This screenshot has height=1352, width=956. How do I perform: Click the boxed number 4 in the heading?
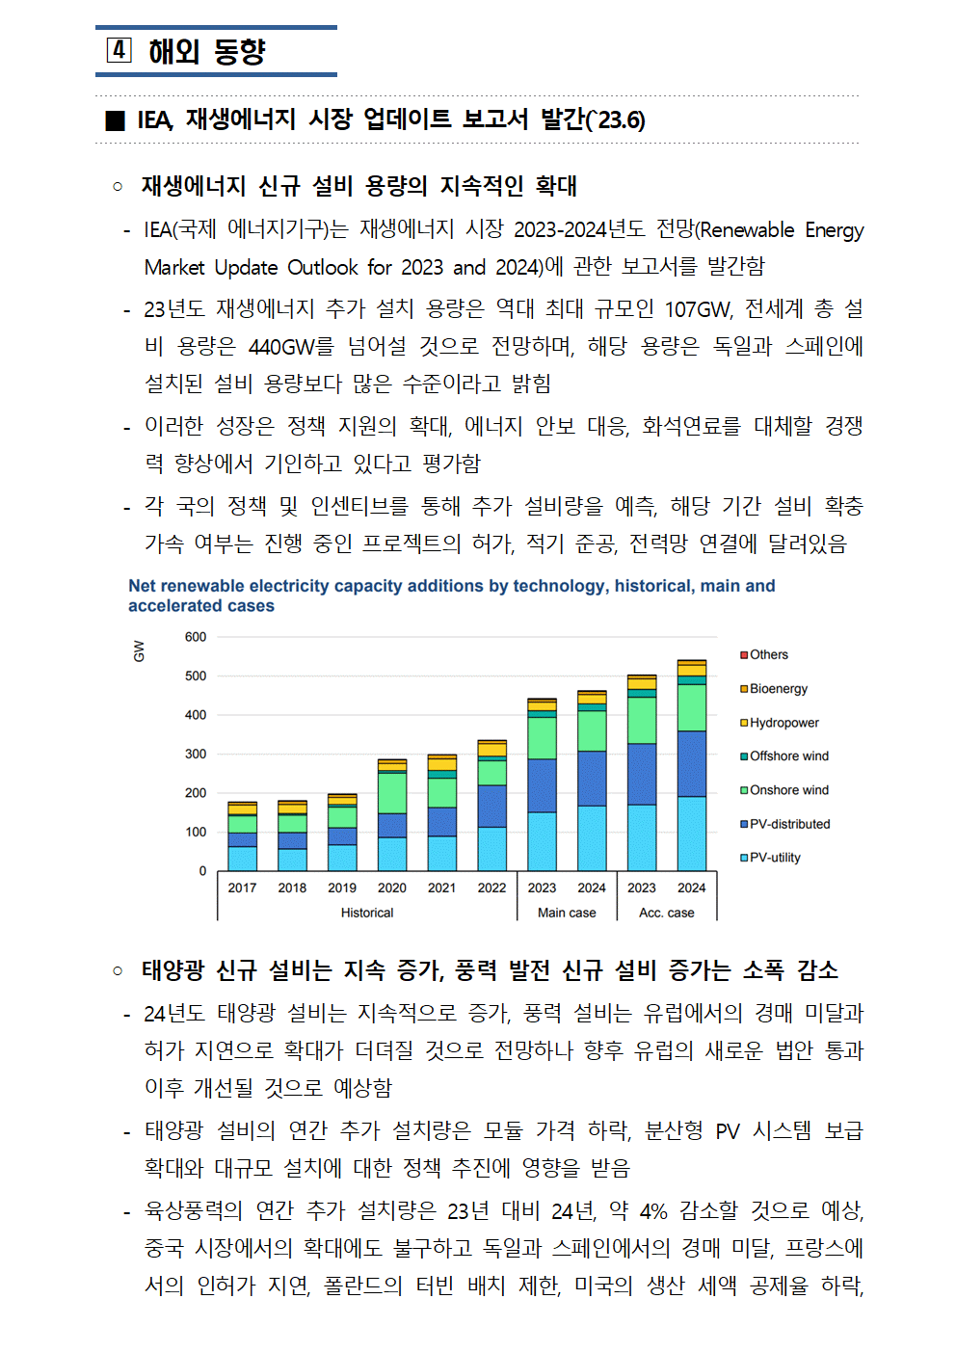tap(119, 50)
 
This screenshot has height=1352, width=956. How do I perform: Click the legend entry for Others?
tap(764, 655)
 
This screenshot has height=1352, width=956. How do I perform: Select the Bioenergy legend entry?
tap(774, 689)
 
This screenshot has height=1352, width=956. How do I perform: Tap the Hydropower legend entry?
tap(780, 723)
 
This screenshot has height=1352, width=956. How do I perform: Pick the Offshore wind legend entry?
tap(784, 756)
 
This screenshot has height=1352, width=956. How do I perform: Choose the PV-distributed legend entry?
tap(785, 824)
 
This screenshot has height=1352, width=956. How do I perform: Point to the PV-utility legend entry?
tap(770, 858)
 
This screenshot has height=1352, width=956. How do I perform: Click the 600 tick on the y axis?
tap(196, 637)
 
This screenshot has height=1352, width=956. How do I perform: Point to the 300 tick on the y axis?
tap(196, 754)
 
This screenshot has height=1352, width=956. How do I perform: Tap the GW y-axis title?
tap(139, 651)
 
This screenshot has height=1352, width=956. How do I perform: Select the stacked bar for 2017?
tap(242, 836)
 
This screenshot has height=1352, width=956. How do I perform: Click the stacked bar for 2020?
tap(392, 815)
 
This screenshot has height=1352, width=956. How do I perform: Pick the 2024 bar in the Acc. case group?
tap(692, 765)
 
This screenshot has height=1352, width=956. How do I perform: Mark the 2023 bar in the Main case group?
tap(542, 784)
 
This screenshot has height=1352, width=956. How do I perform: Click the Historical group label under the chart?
tap(367, 913)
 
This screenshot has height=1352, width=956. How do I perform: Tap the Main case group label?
tap(567, 913)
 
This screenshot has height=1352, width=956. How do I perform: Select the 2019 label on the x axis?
tap(342, 888)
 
